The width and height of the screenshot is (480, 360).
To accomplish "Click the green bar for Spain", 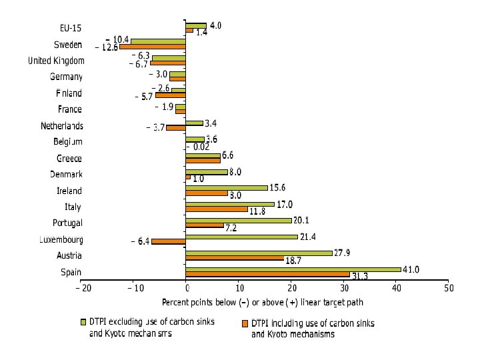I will click(x=293, y=269).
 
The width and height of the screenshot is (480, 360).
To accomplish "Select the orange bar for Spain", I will click(x=267, y=275).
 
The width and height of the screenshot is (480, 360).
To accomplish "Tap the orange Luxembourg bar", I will click(x=169, y=241).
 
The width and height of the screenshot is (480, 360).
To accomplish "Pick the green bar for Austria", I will click(x=259, y=253).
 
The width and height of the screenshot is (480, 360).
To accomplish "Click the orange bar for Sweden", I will click(x=153, y=47).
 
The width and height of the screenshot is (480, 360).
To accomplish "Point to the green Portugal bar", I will click(x=239, y=220).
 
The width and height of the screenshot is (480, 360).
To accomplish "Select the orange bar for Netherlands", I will click(x=176, y=127).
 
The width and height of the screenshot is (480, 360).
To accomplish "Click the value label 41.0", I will click(x=411, y=269).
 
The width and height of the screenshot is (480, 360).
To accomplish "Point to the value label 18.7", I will click(x=294, y=261).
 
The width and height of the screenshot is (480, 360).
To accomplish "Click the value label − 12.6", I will click(x=107, y=47).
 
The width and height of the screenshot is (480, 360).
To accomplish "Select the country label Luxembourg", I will click(x=57, y=239).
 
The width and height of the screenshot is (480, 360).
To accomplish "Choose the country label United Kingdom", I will click(x=55, y=61).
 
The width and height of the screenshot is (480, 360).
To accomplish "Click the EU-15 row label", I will click(x=71, y=28).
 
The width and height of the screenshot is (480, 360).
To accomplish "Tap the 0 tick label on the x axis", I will click(x=187, y=287).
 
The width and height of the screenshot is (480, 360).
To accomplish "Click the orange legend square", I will click(x=245, y=323).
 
